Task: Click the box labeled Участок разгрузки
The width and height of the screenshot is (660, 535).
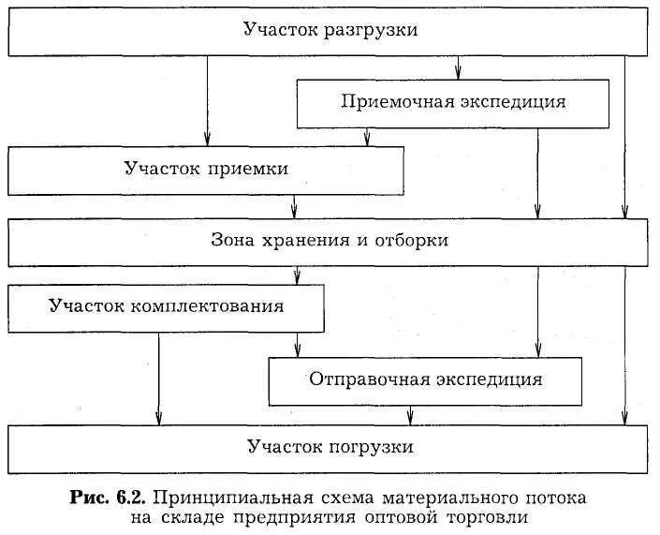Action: coord(330,31)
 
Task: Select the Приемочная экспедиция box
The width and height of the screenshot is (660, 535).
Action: coord(453,102)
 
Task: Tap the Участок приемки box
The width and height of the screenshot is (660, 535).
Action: coord(206,170)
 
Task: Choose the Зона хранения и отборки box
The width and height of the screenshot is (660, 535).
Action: coord(330,241)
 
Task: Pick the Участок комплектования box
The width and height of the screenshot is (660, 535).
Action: coord(168,307)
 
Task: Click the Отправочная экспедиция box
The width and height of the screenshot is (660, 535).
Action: coord(425,379)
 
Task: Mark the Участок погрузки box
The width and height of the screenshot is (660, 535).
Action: coord(330,447)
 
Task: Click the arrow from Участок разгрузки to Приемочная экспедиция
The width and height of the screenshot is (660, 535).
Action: coord(458,67)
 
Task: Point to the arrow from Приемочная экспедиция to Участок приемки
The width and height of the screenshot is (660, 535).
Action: coord(366,138)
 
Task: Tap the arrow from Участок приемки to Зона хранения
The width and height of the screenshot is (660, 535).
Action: coord(295,206)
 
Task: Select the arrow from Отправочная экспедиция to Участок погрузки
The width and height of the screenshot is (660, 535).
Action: coord(410,414)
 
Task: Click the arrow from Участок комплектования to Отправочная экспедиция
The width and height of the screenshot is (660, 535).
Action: coord(297,345)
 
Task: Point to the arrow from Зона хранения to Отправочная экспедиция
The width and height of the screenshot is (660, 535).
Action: coord(537,309)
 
